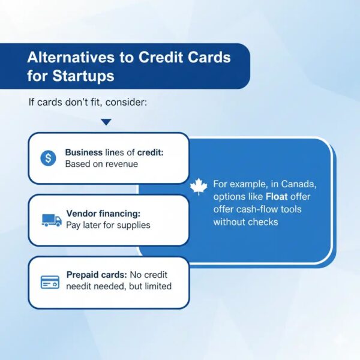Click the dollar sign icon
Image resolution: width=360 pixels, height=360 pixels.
pyautogui.click(x=48, y=158)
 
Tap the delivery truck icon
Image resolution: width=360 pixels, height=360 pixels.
pyautogui.click(x=51, y=220)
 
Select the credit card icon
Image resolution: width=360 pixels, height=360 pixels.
pyautogui.click(x=50, y=281)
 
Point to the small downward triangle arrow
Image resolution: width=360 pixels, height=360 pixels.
pyautogui.click(x=106, y=122)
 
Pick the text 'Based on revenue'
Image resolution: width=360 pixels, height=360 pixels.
pyautogui.click(x=101, y=164)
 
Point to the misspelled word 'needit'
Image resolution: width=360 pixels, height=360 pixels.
pyautogui.click(x=79, y=286)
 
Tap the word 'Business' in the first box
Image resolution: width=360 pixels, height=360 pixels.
pyautogui.click(x=85, y=152)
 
